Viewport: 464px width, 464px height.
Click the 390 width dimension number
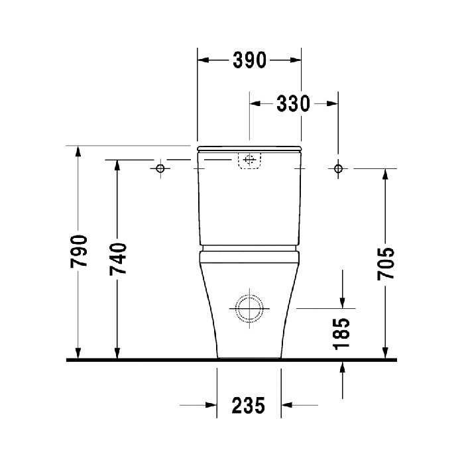tap(249, 60)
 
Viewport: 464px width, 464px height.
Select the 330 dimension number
tap(293, 103)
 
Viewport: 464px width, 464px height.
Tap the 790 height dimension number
tap(79, 251)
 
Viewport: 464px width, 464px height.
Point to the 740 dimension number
tap(118, 259)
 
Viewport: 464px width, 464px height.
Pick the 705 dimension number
tap(386, 263)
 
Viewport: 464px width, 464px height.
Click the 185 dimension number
tap(341, 334)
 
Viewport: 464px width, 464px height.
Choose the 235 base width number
tap(249, 406)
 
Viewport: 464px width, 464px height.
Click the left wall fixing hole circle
tap(160, 168)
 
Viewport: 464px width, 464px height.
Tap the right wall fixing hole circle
tap(338, 168)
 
